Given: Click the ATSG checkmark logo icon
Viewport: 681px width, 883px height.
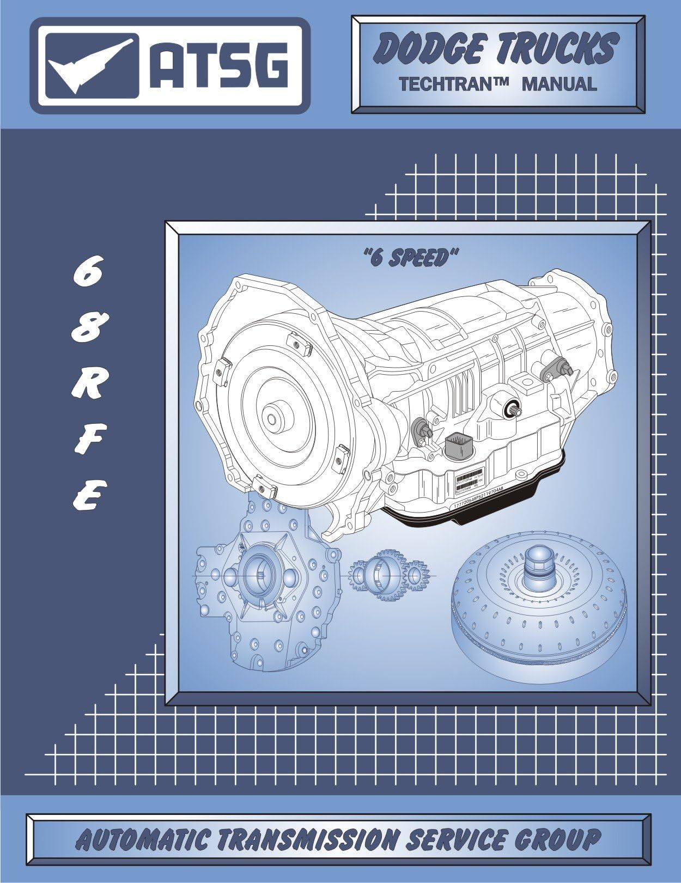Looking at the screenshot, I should [x=90, y=66].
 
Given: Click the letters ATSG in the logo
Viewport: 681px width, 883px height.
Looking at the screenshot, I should [x=218, y=66].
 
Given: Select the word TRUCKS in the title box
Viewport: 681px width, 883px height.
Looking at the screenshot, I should [x=557, y=48].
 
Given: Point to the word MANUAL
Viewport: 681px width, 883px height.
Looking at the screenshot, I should [x=559, y=84].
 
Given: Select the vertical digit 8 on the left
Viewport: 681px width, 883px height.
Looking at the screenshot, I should [x=86, y=329].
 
